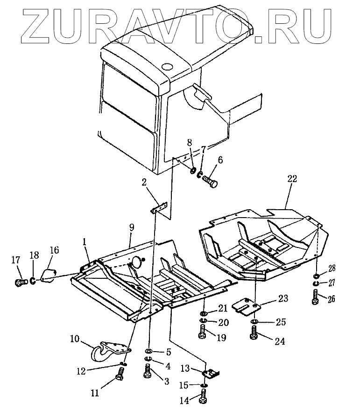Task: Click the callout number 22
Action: pyautogui.click(x=292, y=178)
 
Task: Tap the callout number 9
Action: pyautogui.click(x=132, y=229)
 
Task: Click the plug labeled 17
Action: pyautogui.click(x=20, y=283)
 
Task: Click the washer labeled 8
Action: pyautogui.click(x=192, y=170)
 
